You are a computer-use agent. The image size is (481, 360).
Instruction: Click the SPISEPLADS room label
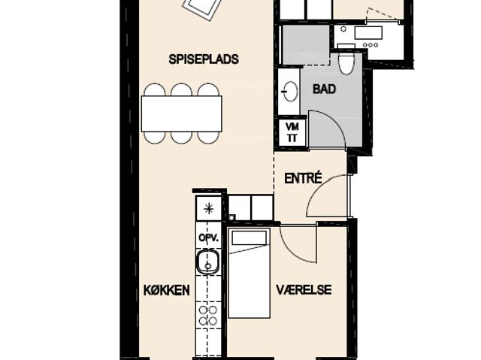click(204, 59)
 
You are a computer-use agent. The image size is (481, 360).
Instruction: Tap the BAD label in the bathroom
click(324, 89)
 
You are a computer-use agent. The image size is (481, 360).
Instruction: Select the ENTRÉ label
click(303, 178)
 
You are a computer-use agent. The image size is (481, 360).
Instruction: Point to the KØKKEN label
click(167, 290)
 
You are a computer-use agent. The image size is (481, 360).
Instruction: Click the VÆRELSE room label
click(304, 290)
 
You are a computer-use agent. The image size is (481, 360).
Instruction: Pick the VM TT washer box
click(292, 132)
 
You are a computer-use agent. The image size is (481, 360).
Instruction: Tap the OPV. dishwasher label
click(209, 237)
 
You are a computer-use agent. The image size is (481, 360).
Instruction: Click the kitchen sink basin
click(208, 262)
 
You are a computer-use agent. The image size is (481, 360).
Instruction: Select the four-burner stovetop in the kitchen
click(208, 315)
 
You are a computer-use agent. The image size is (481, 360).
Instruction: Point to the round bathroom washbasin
click(290, 91)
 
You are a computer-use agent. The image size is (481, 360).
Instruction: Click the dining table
click(182, 113)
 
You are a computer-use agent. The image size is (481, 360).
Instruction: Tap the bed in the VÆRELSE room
click(249, 273)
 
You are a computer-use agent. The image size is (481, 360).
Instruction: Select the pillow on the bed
click(249, 238)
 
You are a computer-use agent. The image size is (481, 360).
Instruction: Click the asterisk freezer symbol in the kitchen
click(209, 209)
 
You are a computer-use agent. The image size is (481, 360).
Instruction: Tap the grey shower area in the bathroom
click(306, 45)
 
